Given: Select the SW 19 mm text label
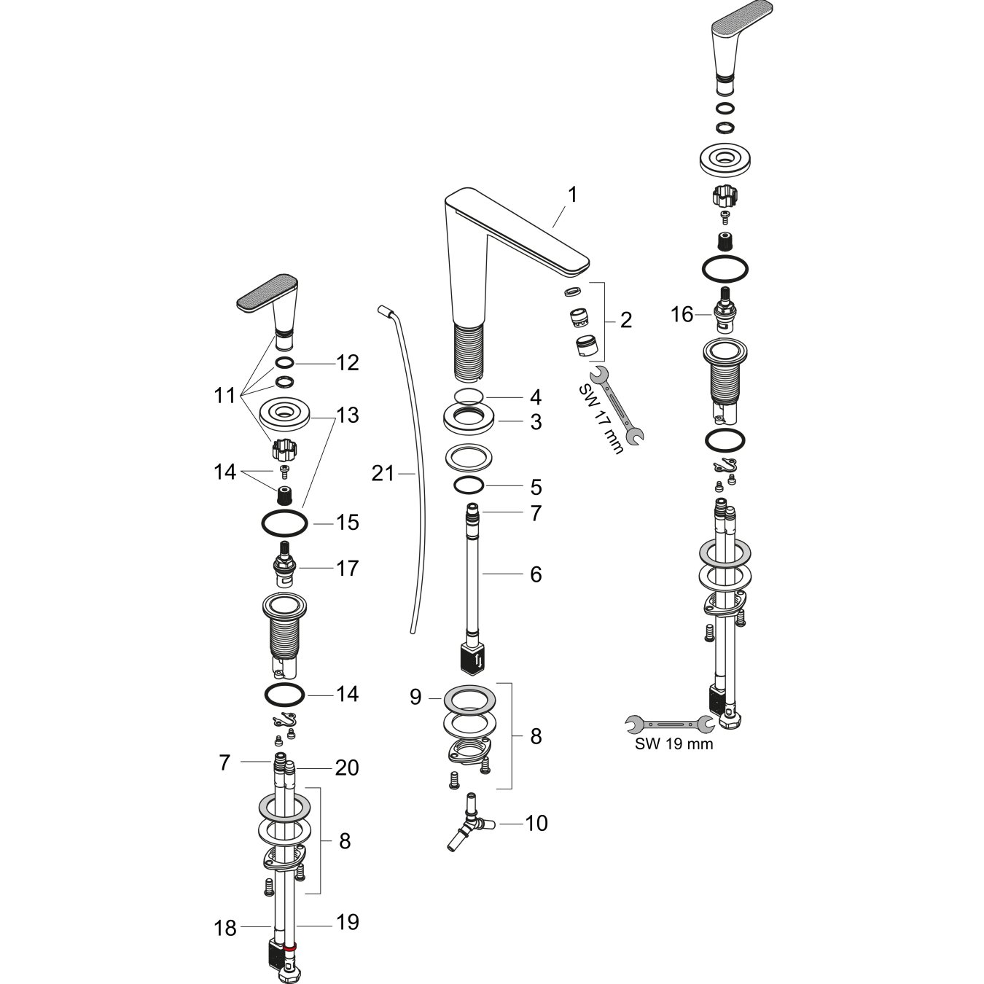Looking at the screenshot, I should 673,744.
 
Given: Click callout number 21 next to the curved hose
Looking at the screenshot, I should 382,474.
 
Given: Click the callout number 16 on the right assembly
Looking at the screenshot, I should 682,315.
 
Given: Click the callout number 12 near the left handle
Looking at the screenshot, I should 348,362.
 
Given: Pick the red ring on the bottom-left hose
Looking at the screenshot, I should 290,949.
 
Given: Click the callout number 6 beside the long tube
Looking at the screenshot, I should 536,574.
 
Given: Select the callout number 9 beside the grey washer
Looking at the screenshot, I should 415,698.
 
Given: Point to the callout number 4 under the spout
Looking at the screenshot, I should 536,398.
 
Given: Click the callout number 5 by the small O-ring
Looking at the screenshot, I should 536,486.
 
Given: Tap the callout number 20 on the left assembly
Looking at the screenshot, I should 347,768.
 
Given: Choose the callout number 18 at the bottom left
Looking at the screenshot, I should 226,928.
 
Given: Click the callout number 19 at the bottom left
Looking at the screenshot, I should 348,922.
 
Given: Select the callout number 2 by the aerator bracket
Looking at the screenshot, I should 625,320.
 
